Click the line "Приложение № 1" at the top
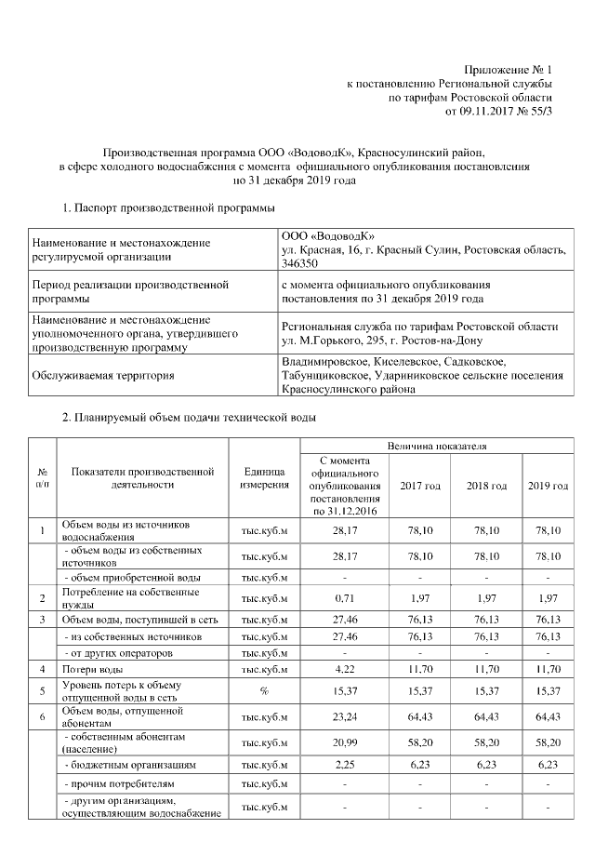(x=508, y=70)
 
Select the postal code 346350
(x=299, y=264)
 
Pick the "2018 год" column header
(x=486, y=487)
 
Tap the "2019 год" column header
(x=548, y=487)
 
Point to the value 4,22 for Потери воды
(x=344, y=668)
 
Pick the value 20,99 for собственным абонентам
(x=344, y=741)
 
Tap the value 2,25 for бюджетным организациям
(x=344, y=764)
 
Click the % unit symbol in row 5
(x=265, y=690)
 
